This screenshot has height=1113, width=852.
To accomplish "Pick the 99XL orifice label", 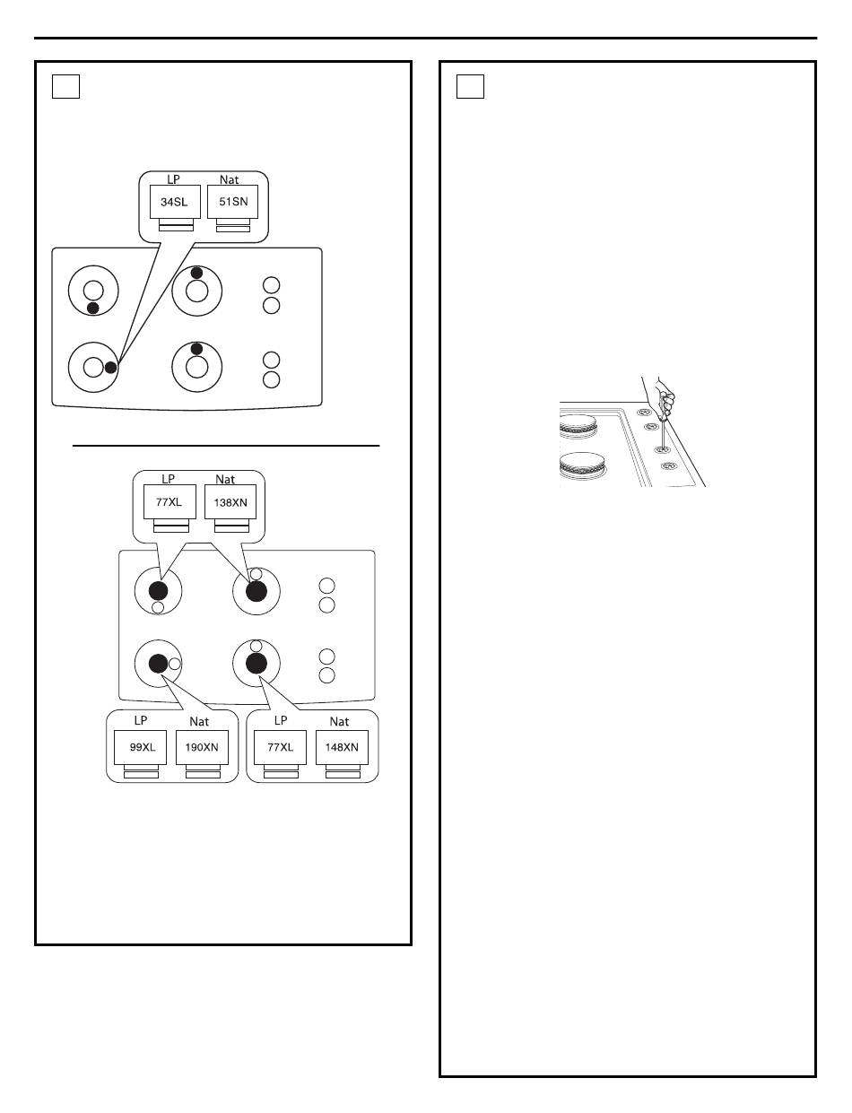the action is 141,747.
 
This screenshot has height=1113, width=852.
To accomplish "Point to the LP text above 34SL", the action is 174,180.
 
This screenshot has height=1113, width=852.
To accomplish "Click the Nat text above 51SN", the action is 230,180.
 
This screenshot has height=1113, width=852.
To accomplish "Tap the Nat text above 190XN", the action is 199,722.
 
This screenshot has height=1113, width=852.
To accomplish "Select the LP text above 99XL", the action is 141,721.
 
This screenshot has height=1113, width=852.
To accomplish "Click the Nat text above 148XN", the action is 339,722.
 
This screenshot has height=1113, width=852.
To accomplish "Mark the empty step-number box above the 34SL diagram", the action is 66,86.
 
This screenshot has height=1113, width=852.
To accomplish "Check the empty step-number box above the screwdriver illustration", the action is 471,86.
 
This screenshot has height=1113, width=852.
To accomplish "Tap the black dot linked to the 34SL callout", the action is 110,367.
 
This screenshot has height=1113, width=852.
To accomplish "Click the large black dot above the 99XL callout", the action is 158,663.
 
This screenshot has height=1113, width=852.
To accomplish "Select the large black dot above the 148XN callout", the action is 256,663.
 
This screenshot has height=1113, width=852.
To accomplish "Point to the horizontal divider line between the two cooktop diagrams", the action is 226,445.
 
